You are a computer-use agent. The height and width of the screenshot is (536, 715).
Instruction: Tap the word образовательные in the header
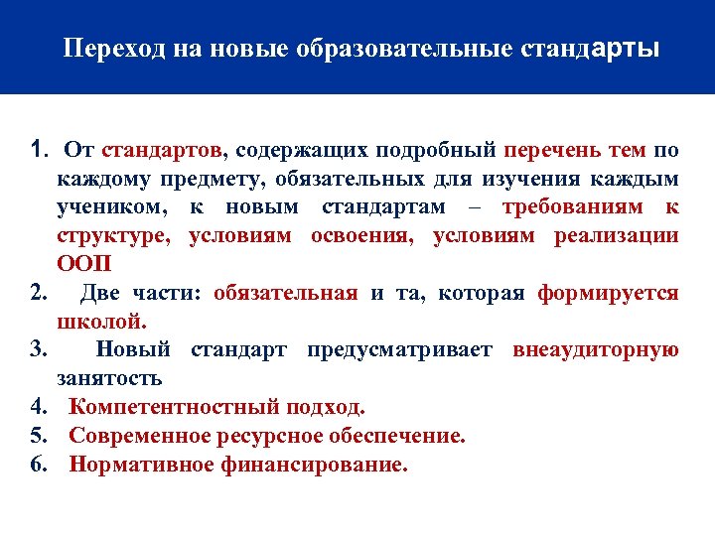[x=397, y=49]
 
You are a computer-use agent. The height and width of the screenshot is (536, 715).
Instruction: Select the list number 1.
[x=38, y=151]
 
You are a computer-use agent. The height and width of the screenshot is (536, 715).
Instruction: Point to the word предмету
[x=205, y=180]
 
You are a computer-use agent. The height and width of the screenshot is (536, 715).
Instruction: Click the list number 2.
[x=40, y=293]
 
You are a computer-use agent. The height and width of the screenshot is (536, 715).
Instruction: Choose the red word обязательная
[x=285, y=293]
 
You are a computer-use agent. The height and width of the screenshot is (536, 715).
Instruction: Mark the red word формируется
[x=608, y=293]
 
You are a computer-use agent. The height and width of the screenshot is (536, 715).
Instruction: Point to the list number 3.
[x=40, y=349]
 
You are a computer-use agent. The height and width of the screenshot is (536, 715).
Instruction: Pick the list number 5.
[x=40, y=436]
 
